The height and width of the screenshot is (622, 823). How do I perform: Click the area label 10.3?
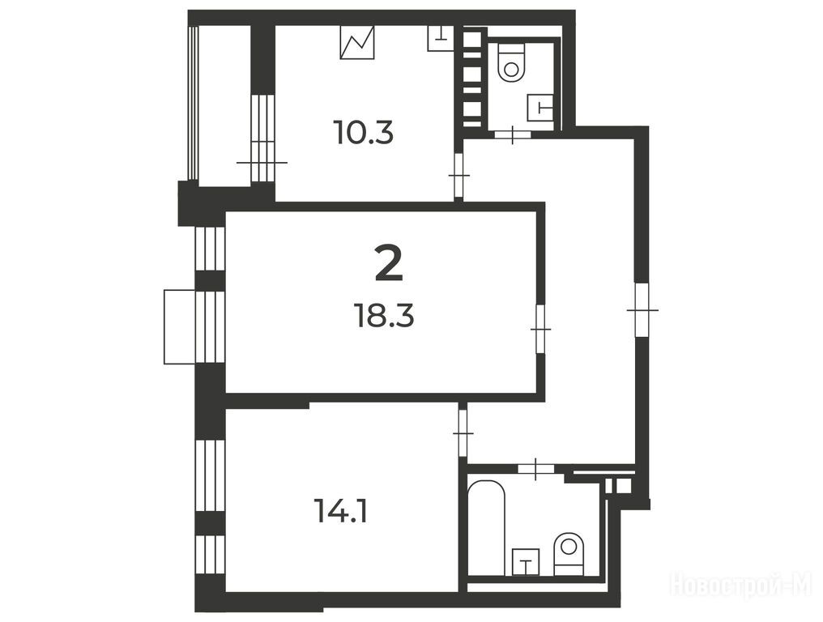tap(363, 132)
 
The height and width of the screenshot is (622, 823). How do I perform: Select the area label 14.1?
tap(340, 511)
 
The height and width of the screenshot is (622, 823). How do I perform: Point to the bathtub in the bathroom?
tap(486, 527)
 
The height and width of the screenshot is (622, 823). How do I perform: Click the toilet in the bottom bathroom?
tap(569, 554)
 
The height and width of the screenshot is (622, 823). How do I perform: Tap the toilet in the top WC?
tap(511, 63)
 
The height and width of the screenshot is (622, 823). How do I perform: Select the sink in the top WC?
tap(540, 108)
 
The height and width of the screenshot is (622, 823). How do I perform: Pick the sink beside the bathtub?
tap(526, 562)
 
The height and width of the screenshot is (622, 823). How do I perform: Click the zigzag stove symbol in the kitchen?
tap(357, 42)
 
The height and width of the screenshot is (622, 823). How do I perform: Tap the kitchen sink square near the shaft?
tap(441, 38)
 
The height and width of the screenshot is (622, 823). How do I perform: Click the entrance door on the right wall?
tap(642, 310)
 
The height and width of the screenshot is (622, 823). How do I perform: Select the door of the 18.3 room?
tap(540, 329)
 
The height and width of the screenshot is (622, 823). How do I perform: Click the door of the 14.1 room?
tap(463, 432)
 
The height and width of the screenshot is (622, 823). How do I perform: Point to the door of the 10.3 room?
tap(458, 175)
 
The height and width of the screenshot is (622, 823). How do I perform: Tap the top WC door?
tap(512, 134)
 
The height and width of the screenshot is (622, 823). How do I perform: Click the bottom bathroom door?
tap(535, 468)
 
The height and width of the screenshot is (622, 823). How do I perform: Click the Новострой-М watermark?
tap(742, 584)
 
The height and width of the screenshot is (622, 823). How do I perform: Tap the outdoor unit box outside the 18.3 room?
tap(180, 326)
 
